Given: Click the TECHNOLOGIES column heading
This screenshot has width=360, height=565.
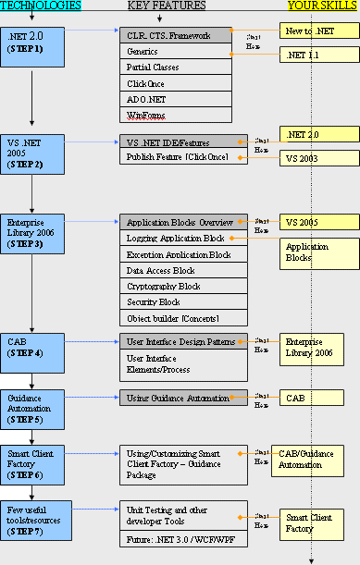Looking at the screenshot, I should tap(40, 6).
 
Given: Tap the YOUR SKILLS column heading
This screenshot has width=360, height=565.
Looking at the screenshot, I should tap(322, 6).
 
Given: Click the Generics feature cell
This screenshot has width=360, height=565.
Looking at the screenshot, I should tap(183, 52).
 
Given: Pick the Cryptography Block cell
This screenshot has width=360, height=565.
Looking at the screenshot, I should tap(183, 287).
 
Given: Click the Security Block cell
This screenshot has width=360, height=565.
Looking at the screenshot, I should tap(183, 302).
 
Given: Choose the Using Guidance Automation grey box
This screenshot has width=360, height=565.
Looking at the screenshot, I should tap(183, 398).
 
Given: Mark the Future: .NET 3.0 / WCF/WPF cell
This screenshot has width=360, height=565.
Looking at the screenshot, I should tap(183, 537).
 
